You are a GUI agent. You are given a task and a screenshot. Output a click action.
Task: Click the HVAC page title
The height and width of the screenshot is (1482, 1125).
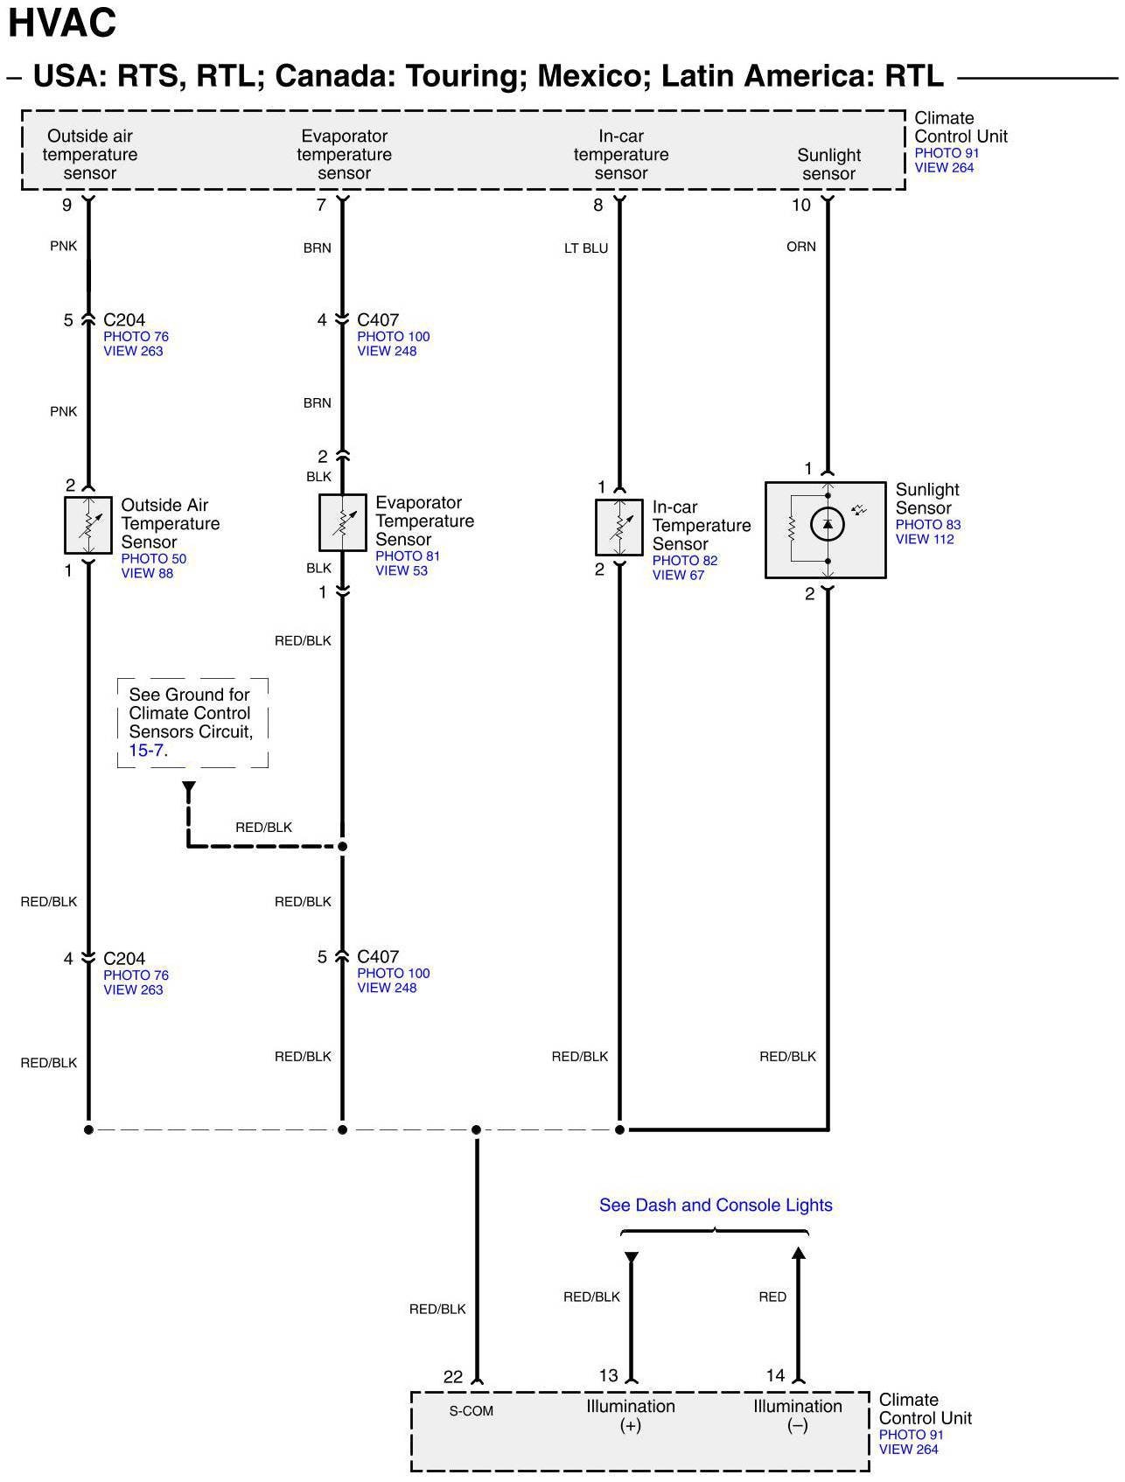click(62, 23)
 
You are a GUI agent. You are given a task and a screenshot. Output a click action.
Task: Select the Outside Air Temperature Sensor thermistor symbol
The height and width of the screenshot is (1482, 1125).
click(88, 525)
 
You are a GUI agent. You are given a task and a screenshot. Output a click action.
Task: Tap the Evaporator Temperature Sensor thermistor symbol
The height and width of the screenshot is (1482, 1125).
click(342, 522)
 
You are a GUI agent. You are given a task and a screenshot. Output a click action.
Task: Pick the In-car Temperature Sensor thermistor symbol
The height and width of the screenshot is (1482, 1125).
click(619, 527)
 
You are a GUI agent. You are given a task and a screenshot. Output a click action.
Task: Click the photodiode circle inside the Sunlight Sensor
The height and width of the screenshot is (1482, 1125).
click(827, 525)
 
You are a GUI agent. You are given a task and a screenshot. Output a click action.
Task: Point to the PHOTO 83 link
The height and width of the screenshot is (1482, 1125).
click(927, 525)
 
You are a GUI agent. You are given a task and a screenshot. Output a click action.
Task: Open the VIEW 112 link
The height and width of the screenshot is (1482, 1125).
click(925, 540)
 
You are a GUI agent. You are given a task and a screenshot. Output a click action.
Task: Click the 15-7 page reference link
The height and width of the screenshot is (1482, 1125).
click(146, 751)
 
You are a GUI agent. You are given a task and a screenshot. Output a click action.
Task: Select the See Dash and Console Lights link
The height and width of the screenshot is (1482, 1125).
click(716, 1206)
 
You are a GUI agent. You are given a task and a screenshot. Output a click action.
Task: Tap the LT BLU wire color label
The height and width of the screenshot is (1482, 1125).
click(586, 248)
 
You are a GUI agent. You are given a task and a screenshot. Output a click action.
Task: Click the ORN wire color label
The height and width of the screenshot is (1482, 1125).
click(800, 247)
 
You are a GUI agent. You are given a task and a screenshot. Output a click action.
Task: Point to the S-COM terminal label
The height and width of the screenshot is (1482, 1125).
click(472, 1411)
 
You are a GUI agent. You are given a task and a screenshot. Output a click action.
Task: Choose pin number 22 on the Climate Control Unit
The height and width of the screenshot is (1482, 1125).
click(452, 1377)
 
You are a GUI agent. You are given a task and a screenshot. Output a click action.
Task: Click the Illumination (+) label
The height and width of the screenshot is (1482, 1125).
click(630, 1416)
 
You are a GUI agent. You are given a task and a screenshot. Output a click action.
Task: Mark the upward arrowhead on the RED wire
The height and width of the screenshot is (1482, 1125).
click(798, 1254)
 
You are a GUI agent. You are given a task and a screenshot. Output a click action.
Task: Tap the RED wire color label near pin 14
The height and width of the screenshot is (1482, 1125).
click(772, 1297)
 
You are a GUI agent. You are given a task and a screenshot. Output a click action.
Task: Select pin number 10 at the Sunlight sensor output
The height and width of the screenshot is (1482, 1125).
click(801, 206)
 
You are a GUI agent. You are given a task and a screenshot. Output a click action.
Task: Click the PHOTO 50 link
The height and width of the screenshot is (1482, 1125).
click(153, 559)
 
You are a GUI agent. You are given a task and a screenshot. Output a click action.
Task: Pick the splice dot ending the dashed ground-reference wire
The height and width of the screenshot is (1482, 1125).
click(343, 846)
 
